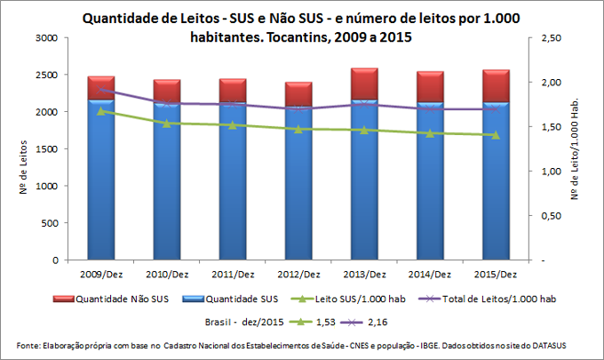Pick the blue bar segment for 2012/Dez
coord(298,187)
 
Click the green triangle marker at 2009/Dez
coord(100,111)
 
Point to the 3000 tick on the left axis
coord(45,38)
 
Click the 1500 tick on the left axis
coord(45,149)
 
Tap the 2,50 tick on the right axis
coord(551,38)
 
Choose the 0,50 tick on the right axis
coord(551,216)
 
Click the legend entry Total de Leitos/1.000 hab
coord(493,300)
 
